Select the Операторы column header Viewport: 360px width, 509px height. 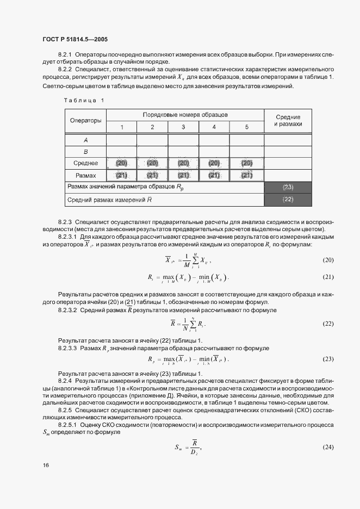(86, 121)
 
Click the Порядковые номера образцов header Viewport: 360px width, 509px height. (185, 115)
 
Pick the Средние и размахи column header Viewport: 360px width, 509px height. (288, 121)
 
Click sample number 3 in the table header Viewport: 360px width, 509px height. (183, 127)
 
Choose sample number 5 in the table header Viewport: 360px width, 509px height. (246, 127)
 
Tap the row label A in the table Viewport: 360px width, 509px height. (86, 140)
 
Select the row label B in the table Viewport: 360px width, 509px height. (86, 152)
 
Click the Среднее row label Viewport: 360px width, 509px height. (86, 163)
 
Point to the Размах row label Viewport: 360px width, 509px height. (86, 175)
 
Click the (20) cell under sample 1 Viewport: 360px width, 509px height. (121, 163)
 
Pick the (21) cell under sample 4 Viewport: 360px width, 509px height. (214, 175)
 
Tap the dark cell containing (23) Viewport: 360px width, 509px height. (288, 188)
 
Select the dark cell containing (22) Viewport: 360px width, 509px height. (288, 200)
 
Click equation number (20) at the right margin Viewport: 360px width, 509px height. (328, 260)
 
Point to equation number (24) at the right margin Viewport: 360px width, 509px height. (328, 446)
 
